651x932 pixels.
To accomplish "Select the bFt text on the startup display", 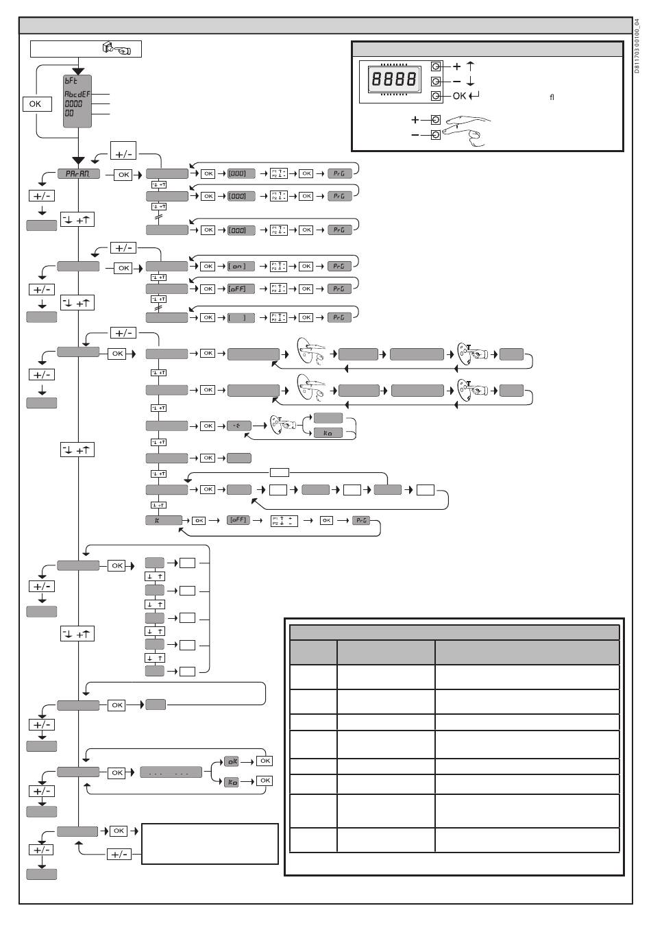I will (x=71, y=80).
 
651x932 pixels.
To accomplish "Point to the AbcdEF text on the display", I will (x=77, y=94).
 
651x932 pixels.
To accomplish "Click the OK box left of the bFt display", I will (x=35, y=104).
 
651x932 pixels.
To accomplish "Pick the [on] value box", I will (x=241, y=267).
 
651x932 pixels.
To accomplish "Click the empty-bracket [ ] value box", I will (x=241, y=318).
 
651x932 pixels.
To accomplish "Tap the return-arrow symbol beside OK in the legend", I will (x=474, y=96).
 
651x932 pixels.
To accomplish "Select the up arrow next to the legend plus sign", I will (x=471, y=66).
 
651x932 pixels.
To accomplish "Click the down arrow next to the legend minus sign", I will (x=471, y=82).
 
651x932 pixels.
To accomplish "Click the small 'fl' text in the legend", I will (x=552, y=97).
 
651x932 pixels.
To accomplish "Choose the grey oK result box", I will (x=232, y=761).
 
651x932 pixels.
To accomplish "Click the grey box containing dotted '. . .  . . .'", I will (x=171, y=773).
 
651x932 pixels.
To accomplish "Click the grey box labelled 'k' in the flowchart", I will (x=164, y=521).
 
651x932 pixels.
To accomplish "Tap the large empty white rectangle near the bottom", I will (x=210, y=844).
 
